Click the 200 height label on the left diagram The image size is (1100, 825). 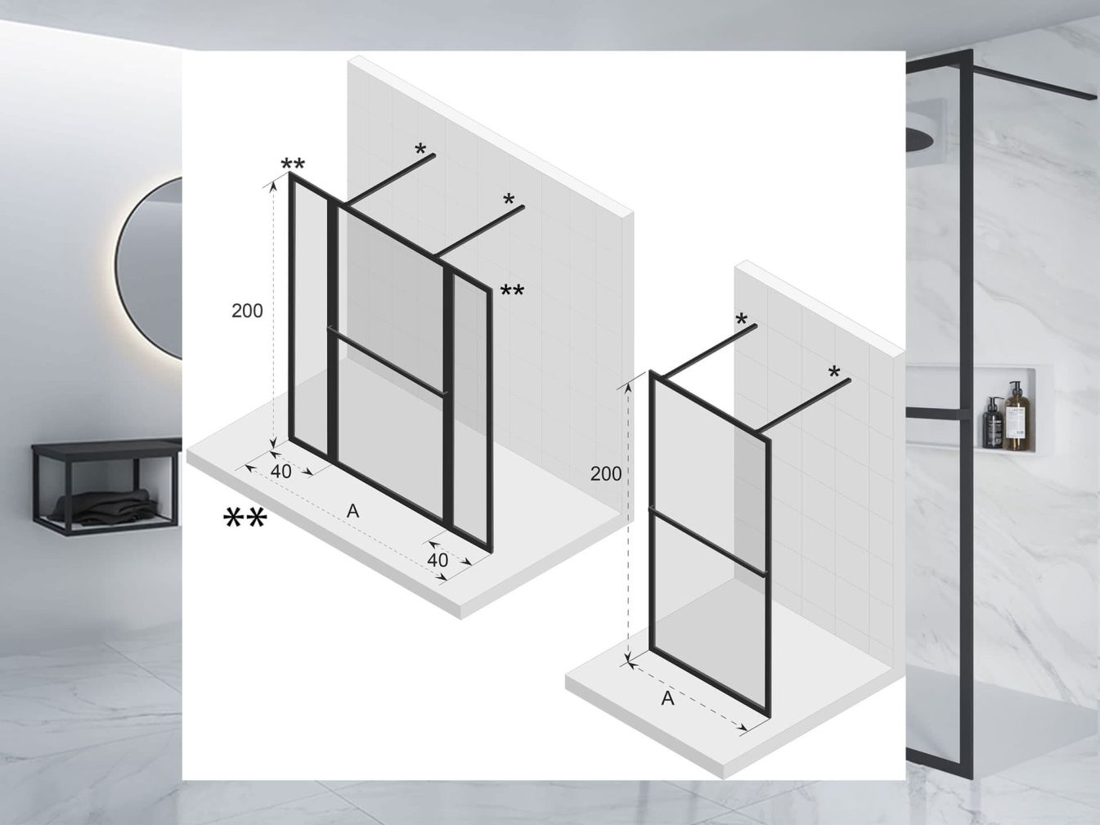point(247,311)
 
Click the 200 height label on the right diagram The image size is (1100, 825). point(606,473)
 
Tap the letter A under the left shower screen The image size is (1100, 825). point(352,511)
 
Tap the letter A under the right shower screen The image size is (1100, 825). point(667,699)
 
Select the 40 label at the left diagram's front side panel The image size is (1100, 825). point(281,472)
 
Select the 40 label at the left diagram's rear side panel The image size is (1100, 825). point(438,560)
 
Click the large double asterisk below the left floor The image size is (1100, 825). point(245,518)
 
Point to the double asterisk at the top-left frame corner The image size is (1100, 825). point(293,166)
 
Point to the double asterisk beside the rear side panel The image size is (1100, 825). point(512,291)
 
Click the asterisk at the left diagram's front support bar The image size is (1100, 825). point(420,150)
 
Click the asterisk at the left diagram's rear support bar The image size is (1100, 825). point(509,200)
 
